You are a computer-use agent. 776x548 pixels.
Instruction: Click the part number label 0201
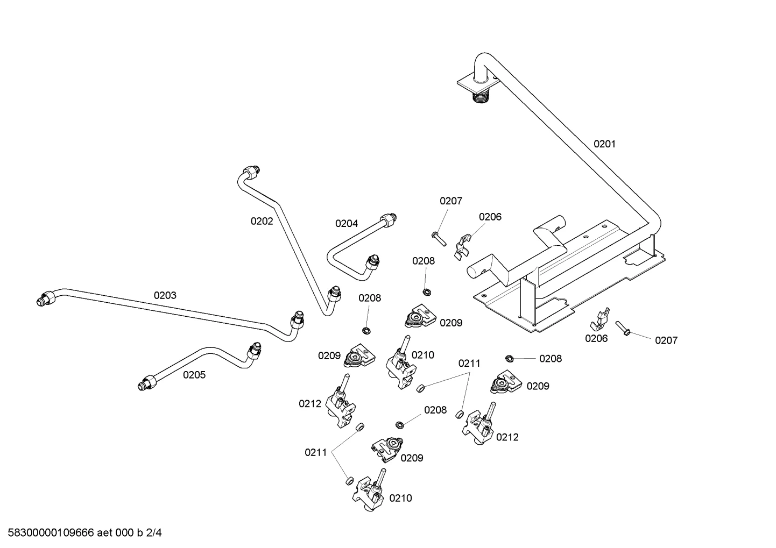[604, 144]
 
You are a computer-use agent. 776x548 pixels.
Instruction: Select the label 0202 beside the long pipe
[262, 221]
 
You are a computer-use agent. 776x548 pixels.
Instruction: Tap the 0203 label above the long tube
[165, 295]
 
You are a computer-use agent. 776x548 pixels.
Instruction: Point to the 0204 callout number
[347, 224]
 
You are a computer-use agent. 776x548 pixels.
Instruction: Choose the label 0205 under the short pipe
[194, 375]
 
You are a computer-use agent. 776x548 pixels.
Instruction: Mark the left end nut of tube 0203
[45, 298]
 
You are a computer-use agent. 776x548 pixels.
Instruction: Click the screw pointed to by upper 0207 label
[439, 239]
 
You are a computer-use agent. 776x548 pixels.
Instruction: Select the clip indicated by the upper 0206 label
[462, 247]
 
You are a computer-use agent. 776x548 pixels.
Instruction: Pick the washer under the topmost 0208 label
[427, 292]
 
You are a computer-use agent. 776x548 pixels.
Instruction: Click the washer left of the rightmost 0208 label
[509, 358]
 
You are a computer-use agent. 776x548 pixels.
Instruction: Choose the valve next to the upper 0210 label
[401, 363]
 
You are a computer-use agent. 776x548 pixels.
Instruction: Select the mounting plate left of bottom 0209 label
[387, 450]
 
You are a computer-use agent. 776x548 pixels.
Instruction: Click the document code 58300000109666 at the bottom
[51, 533]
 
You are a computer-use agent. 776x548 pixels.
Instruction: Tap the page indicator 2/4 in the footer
[154, 533]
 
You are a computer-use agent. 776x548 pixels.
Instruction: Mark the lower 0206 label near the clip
[596, 339]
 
